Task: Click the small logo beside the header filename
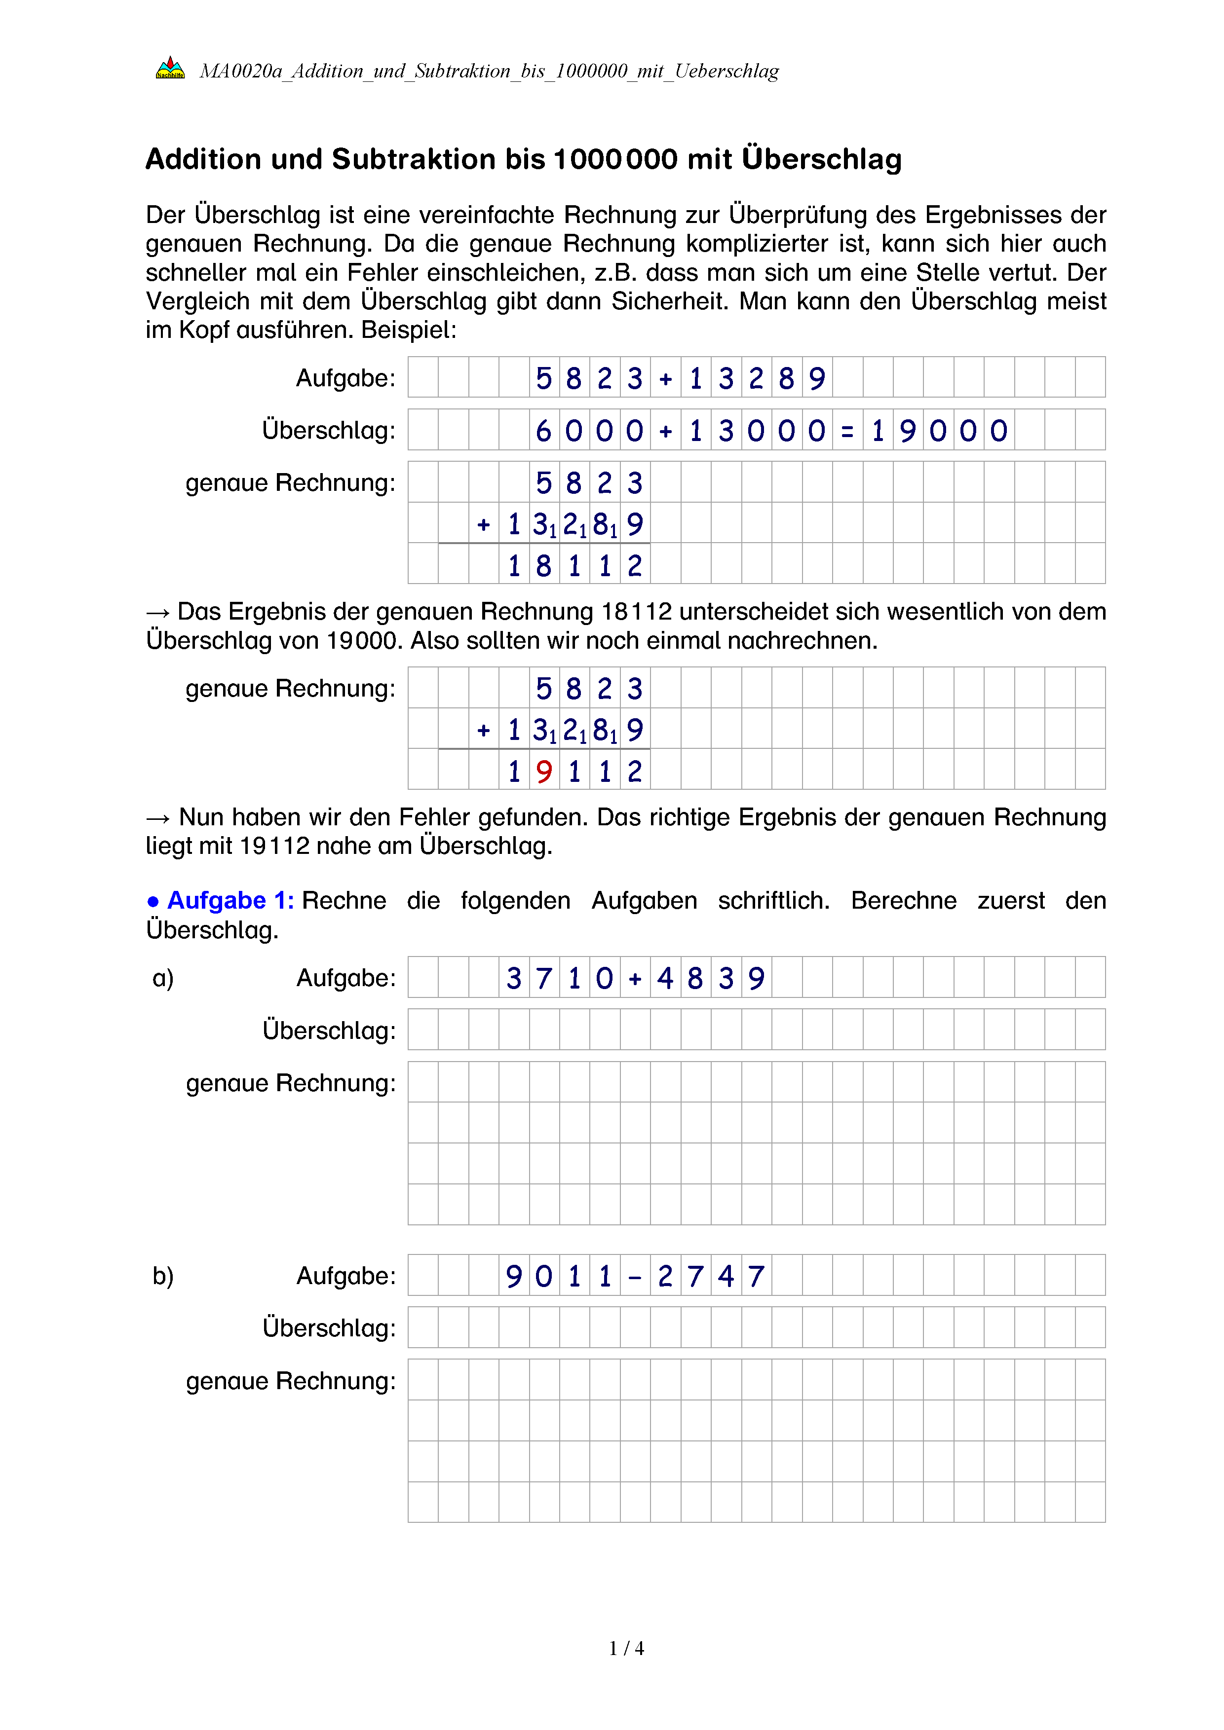(170, 69)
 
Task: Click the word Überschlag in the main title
(822, 159)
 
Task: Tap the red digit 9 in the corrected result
(544, 772)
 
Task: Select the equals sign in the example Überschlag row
(847, 432)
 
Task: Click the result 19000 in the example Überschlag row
(938, 431)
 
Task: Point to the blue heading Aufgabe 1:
(230, 900)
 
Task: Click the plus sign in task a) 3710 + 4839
(635, 979)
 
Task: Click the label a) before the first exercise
(163, 978)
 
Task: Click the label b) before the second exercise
(163, 1276)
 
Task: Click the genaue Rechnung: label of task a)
(290, 1083)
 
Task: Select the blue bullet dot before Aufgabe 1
(153, 901)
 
